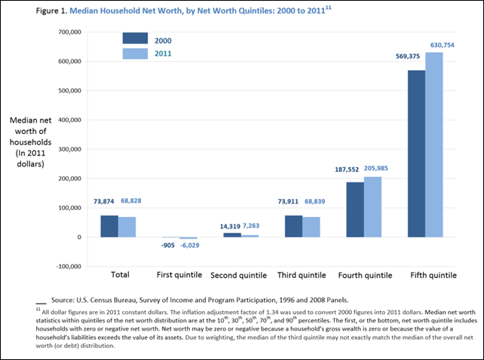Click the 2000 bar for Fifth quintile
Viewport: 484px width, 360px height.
(x=415, y=154)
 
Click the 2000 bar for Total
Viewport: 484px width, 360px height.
(x=109, y=226)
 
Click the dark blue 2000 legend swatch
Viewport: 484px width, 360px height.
(x=136, y=38)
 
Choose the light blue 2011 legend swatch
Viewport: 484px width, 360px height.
(x=136, y=53)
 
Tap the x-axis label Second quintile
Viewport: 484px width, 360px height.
(x=238, y=275)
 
